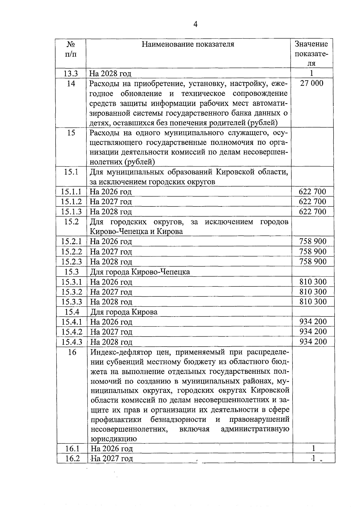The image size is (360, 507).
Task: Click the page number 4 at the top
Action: point(195,25)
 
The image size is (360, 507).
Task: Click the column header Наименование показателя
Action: point(188,44)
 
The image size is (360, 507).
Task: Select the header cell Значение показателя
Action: point(311,53)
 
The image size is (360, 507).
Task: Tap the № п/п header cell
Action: point(71,49)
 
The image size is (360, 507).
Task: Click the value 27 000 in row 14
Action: point(312,83)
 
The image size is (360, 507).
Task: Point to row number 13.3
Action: point(71,73)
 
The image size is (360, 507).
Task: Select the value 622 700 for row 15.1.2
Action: point(312,202)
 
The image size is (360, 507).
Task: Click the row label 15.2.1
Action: point(71,241)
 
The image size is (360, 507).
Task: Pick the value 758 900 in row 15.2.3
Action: point(313,262)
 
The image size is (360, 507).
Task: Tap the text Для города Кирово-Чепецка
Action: point(140,272)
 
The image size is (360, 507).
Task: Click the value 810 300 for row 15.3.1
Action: point(313,282)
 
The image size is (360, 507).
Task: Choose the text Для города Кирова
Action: point(124,312)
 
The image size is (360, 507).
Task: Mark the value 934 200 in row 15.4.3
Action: point(313,342)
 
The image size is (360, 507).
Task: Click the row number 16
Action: point(72,352)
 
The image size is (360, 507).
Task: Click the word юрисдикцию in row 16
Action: point(114,439)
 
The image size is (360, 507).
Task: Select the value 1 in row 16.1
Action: point(313,448)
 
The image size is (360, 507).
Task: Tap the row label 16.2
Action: point(72,458)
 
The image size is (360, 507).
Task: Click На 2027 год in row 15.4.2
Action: point(111,332)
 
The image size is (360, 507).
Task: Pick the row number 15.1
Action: point(71,172)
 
